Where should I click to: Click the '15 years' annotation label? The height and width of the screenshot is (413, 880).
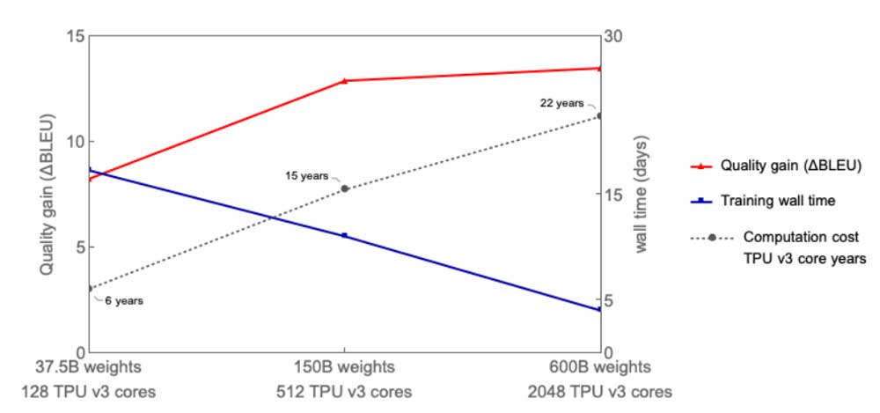coord(306,175)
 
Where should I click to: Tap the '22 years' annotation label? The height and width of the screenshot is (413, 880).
coord(561,103)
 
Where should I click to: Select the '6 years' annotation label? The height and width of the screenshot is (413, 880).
coord(124,300)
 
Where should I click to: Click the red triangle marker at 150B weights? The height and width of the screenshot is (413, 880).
coord(344,81)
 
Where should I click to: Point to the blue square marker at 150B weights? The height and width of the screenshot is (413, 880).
coord(344,235)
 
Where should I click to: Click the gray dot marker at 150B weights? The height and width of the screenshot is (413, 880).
coord(344,188)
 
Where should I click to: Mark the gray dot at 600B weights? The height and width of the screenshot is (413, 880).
coord(599,115)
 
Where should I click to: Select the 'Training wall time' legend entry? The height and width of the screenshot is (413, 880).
coord(777,201)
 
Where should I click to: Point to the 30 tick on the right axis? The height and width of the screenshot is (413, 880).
coord(613,36)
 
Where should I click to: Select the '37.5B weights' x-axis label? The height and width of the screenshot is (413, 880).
coord(88,367)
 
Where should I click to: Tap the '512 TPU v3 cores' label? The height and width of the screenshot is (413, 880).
coord(344,392)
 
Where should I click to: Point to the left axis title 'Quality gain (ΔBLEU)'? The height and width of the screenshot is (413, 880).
coord(47,195)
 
